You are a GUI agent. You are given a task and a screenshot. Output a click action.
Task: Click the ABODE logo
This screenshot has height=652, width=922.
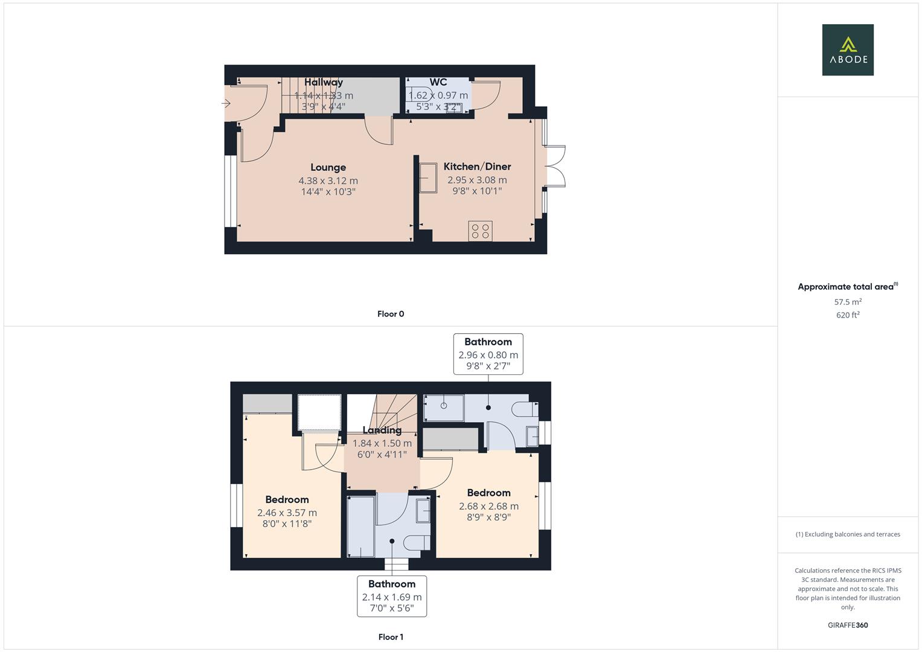tap(847, 50)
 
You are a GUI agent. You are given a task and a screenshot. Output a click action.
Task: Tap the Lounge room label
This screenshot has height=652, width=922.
tap(328, 167)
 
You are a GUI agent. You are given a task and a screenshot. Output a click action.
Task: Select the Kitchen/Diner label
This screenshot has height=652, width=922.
tap(477, 167)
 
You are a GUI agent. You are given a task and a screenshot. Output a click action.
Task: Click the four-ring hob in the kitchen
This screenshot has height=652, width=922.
tap(480, 231)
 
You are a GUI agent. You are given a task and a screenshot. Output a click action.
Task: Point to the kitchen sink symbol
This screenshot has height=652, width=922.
tap(428, 177)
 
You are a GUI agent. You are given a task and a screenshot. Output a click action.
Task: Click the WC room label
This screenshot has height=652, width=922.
tap(438, 82)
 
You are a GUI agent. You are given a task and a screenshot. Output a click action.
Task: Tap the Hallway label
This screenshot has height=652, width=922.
tap(324, 82)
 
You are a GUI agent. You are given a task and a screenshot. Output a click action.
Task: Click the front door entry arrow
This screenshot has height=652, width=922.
tap(226, 104)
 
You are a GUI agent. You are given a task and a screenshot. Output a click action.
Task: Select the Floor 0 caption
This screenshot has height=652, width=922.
tap(391, 314)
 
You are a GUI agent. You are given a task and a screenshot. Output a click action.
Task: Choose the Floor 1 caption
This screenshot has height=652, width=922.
tap(391, 637)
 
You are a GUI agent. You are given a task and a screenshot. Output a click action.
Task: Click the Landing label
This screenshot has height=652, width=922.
tap(382, 430)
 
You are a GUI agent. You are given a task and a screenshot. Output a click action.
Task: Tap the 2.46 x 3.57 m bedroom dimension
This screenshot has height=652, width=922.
tap(287, 513)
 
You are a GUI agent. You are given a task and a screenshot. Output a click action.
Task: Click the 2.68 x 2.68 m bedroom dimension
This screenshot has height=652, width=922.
tap(488, 507)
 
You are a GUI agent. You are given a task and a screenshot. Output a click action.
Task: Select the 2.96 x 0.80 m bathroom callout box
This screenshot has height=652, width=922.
tap(488, 354)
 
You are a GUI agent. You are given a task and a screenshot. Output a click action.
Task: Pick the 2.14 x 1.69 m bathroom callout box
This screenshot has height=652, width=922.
tap(392, 596)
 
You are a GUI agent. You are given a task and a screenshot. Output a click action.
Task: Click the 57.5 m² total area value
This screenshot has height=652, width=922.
tap(848, 302)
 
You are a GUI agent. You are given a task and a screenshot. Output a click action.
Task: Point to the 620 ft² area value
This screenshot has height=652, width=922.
tap(848, 315)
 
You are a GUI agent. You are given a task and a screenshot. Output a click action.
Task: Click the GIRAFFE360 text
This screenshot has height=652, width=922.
tap(848, 625)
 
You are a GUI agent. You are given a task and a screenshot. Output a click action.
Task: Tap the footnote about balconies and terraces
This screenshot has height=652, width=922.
tap(848, 534)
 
